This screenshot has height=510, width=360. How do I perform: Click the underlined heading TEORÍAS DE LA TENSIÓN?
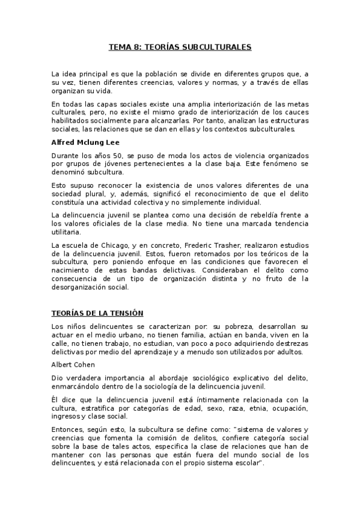click(x=96, y=314)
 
